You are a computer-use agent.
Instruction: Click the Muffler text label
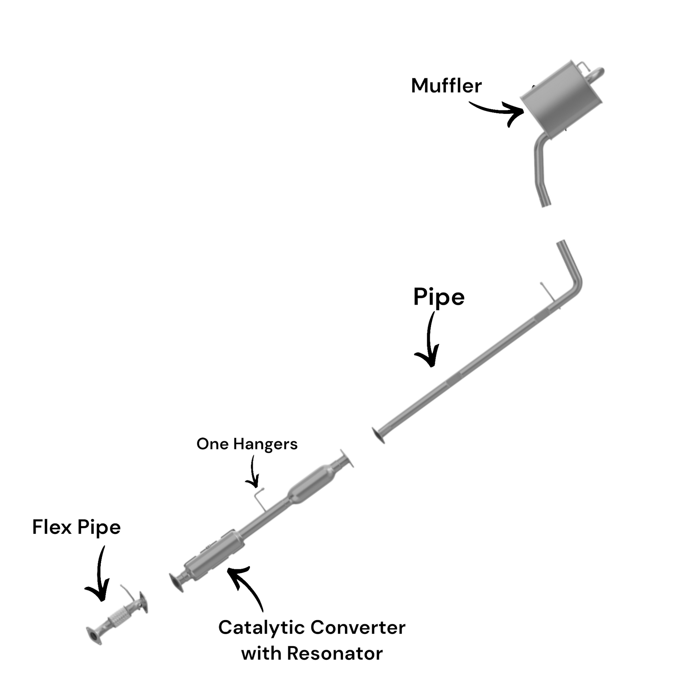pos(446,86)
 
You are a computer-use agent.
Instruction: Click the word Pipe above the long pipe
pos(439,297)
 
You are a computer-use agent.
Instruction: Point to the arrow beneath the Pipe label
pos(430,342)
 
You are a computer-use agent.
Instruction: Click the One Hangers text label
pos(247,444)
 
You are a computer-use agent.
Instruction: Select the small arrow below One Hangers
pos(253,472)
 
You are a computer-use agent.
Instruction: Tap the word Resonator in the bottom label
pos(334,653)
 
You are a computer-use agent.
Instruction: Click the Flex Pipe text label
pos(76,527)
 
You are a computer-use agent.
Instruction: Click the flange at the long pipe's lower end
pos(378,436)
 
